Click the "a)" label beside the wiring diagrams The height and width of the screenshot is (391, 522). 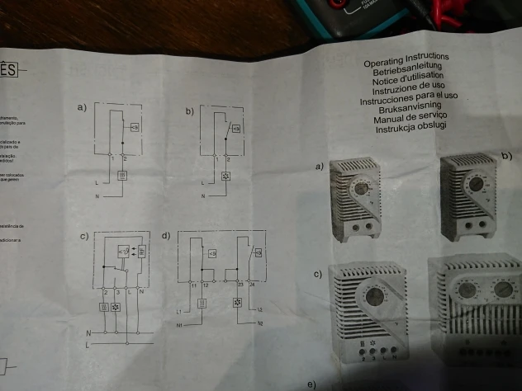tap(80, 108)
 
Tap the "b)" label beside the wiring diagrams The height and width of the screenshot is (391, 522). tap(191, 111)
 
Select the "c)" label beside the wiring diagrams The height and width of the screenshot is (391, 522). tap(83, 238)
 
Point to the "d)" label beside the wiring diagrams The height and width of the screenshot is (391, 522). tap(165, 236)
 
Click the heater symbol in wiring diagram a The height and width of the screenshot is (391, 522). tap(122, 174)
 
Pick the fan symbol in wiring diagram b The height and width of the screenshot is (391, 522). tap(226, 176)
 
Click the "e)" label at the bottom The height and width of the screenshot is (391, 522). tap(311, 384)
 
